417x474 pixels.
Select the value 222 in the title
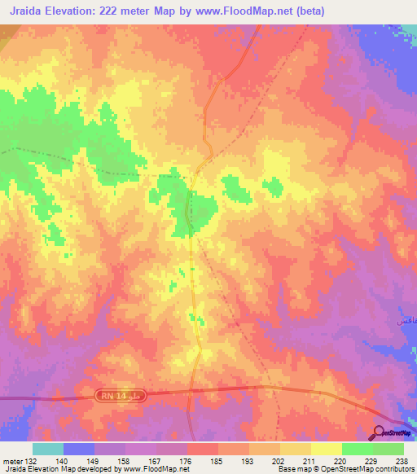coord(122,11)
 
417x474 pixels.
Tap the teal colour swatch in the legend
coord(47,449)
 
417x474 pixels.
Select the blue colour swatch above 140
coord(78,449)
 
